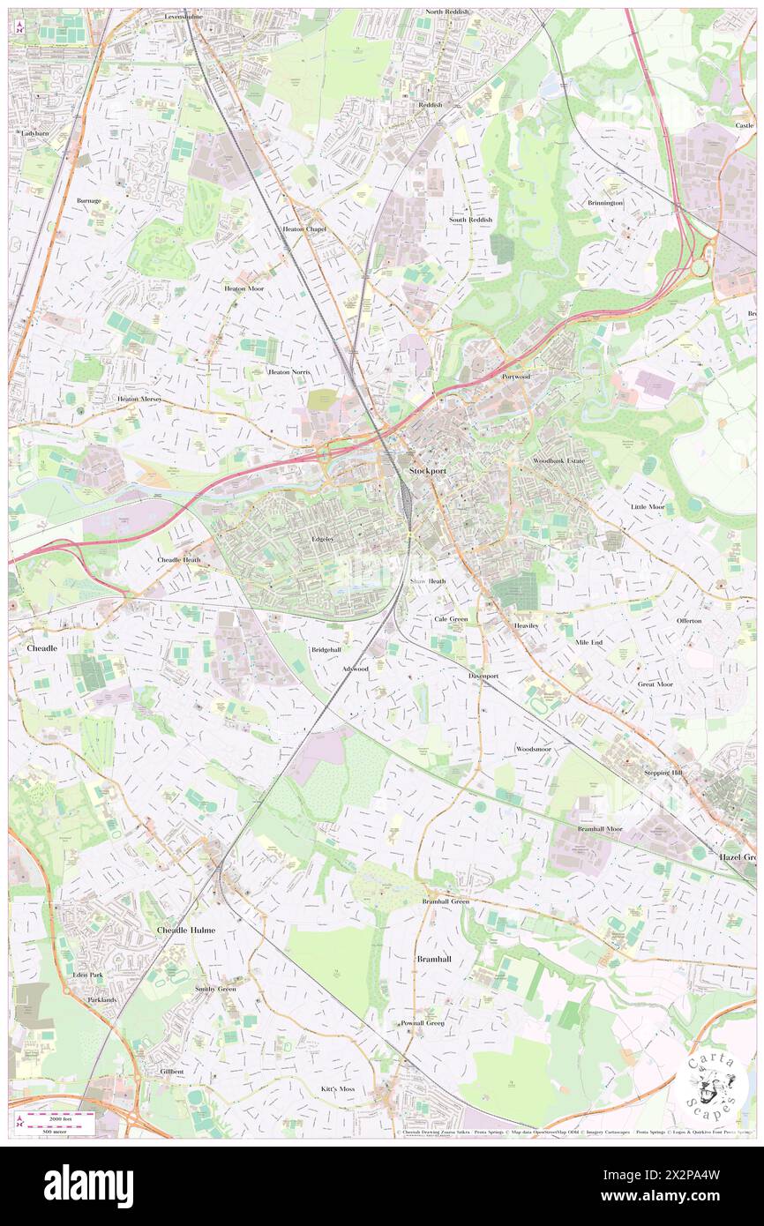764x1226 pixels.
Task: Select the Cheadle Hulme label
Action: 186,930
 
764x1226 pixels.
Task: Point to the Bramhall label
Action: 433,957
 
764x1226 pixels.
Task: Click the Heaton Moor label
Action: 243,288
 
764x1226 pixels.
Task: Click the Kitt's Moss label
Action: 337,1088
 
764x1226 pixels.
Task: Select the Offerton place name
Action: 689,620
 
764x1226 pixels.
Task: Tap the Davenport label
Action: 483,676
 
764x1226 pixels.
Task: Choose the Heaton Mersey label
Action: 139,399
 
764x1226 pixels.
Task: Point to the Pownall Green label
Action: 423,1023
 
